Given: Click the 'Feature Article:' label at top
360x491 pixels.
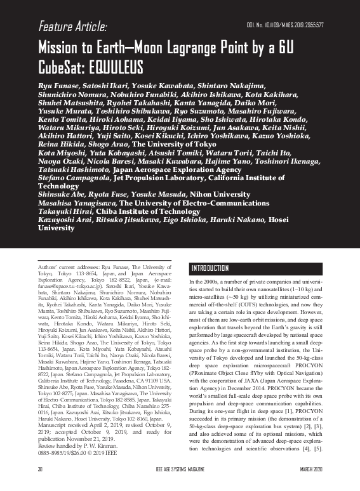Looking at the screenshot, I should point(72,27).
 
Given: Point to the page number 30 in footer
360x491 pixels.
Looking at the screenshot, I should point(39,485).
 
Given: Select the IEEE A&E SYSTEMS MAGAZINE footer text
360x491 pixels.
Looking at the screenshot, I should point(180,485).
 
